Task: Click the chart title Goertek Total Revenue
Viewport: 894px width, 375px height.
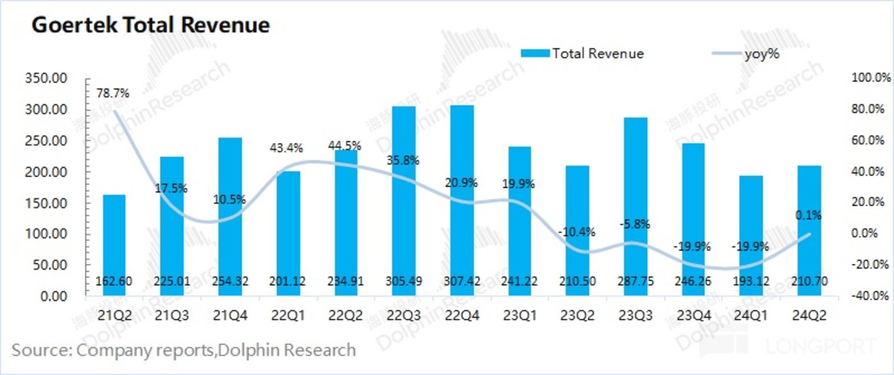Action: click(151, 25)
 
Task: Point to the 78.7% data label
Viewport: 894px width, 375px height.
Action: click(113, 93)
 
